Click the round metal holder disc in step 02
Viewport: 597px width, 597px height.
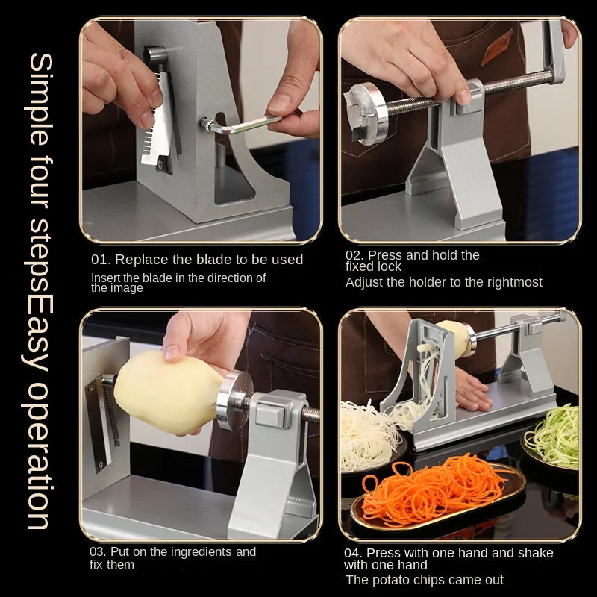point(366,113)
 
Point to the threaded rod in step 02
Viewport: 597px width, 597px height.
point(469,91)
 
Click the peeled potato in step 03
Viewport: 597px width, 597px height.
point(169,393)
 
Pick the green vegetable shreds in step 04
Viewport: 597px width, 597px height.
point(554,435)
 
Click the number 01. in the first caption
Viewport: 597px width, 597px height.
point(101,260)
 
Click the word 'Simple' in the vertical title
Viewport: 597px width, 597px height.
point(40,99)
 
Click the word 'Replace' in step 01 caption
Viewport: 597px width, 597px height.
point(142,259)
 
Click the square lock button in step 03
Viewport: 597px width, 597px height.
point(269,416)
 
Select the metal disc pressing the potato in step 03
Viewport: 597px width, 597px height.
point(234,400)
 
